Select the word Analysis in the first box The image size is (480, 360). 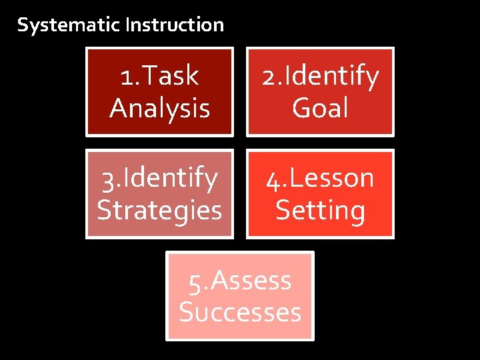click(x=160, y=107)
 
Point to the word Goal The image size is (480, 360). click(x=321, y=107)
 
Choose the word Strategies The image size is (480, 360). click(x=160, y=210)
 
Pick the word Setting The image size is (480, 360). click(x=321, y=210)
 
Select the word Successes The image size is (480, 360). click(x=240, y=312)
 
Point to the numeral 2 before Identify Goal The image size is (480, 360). click(x=269, y=77)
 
